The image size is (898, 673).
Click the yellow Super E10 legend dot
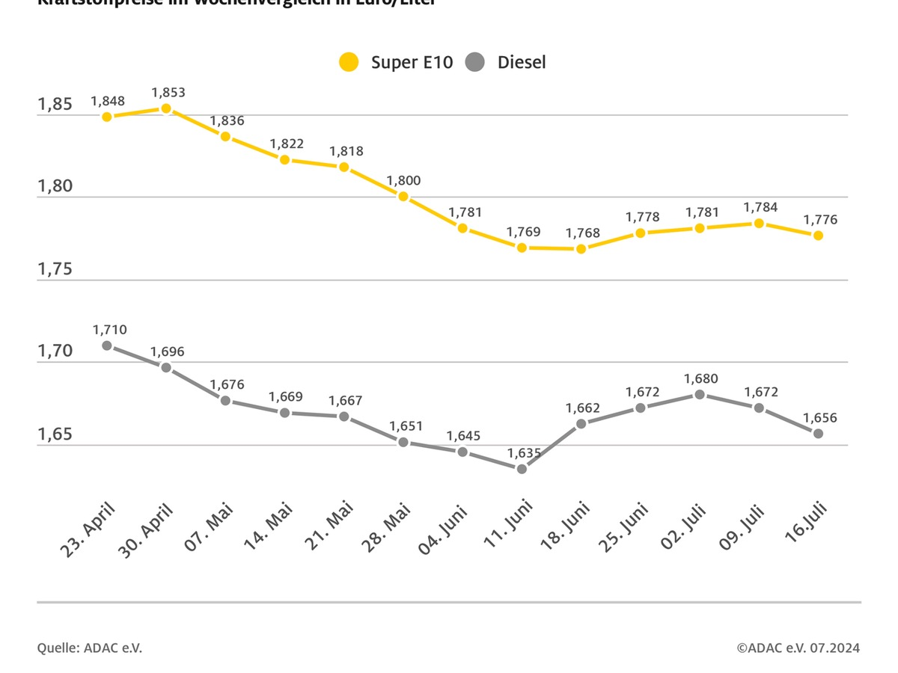click(349, 62)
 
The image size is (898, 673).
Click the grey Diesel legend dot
click(474, 62)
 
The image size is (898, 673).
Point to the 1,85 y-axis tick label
click(55, 104)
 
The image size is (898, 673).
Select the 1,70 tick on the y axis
click(55, 351)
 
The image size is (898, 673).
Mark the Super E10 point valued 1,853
click(166, 108)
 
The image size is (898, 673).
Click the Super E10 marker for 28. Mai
click(403, 197)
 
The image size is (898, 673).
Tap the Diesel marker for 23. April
click(107, 345)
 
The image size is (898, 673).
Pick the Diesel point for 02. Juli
click(700, 394)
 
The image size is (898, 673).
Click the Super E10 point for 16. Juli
click(819, 236)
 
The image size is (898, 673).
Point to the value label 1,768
click(583, 233)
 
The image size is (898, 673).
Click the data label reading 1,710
click(109, 329)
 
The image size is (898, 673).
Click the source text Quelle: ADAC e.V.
click(89, 648)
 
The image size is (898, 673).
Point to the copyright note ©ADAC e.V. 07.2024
click(798, 648)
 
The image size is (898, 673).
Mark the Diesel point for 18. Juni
click(581, 423)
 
